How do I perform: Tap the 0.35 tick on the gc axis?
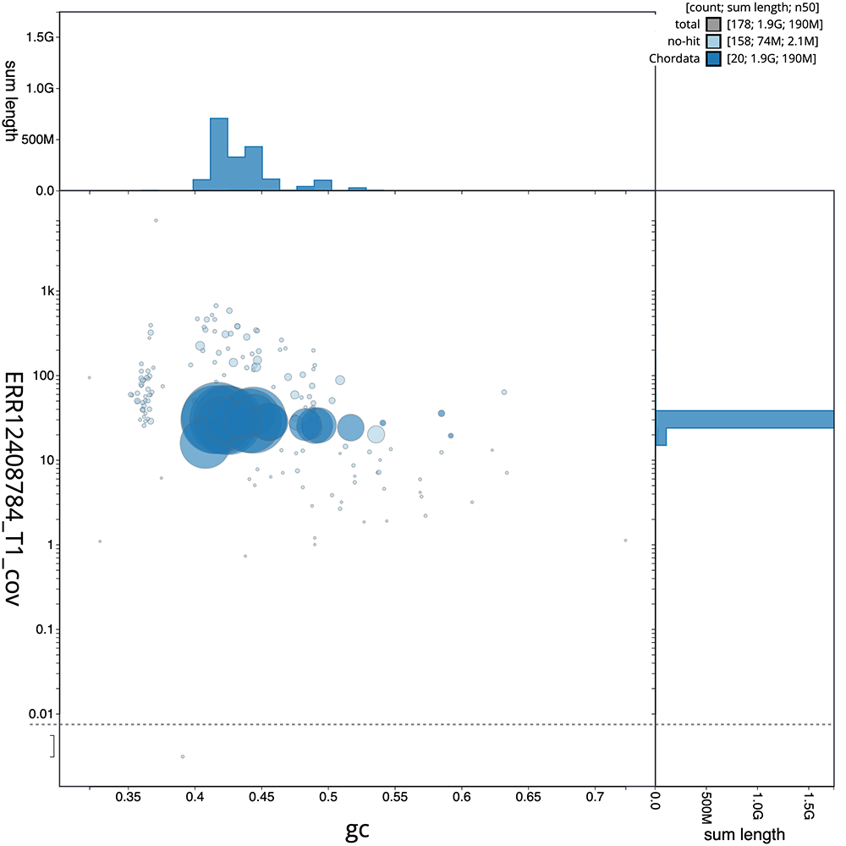[129, 796]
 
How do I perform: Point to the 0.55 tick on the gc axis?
[395, 796]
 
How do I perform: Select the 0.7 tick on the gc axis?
[595, 796]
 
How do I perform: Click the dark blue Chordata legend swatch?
[714, 58]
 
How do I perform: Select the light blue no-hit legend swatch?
[714, 41]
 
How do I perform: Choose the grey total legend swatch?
[714, 25]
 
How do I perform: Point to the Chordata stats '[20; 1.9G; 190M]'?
[771, 58]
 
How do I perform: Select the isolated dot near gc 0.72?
[625, 540]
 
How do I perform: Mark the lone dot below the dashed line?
[182, 756]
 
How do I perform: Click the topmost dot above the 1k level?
[156, 220]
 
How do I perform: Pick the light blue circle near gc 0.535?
[376, 435]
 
